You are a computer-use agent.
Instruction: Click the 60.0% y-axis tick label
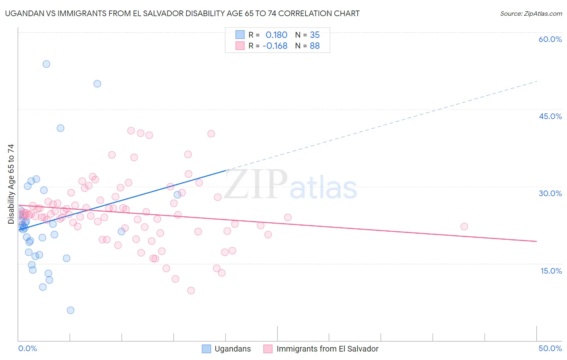[x=550, y=39]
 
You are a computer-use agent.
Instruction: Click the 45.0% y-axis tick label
[x=550, y=116]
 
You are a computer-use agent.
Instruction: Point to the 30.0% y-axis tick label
[x=550, y=193]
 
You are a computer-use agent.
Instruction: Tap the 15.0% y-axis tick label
[x=551, y=271]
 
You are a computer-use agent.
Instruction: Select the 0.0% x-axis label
[x=27, y=348]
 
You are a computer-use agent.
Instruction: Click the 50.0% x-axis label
[x=550, y=348]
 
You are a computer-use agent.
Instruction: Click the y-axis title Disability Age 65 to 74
[x=11, y=184]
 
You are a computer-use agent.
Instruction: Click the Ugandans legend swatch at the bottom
[x=206, y=349]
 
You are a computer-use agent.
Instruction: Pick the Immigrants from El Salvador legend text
[x=327, y=349]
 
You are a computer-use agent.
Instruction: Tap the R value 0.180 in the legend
[x=276, y=35]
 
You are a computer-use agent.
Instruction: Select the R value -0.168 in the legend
[x=275, y=46]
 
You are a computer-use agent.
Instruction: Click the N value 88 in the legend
[x=315, y=46]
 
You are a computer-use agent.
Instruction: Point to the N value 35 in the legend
[x=315, y=35]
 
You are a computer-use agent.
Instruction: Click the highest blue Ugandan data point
[x=46, y=64]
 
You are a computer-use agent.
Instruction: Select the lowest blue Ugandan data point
[x=71, y=310]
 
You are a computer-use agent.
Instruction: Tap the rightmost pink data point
[x=464, y=226]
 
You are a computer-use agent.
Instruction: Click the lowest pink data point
[x=191, y=291]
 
